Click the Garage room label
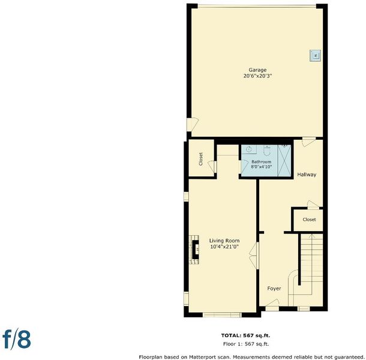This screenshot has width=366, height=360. [x=257, y=70]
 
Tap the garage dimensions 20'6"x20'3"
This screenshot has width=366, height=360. [x=257, y=76]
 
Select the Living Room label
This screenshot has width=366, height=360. [x=224, y=241]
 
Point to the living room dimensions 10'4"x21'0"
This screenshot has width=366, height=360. [x=224, y=247]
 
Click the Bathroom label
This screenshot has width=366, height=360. [x=261, y=161]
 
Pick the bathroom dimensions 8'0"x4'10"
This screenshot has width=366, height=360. [x=262, y=167]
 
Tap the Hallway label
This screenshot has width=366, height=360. [x=307, y=175]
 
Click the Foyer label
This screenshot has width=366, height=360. [x=274, y=289]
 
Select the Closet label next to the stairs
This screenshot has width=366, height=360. [x=309, y=220]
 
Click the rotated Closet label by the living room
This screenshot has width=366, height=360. [x=201, y=159]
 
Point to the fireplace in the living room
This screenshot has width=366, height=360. [x=194, y=250]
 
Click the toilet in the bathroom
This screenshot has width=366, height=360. [x=266, y=151]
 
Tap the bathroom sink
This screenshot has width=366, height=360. [x=249, y=149]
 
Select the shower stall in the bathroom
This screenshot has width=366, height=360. [x=284, y=161]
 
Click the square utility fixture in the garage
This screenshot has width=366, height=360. [x=315, y=56]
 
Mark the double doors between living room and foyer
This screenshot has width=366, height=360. [x=254, y=256]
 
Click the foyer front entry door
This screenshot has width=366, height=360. [x=272, y=305]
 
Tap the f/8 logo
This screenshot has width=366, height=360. [x=17, y=338]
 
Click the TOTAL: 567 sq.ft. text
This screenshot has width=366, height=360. [x=245, y=335]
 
